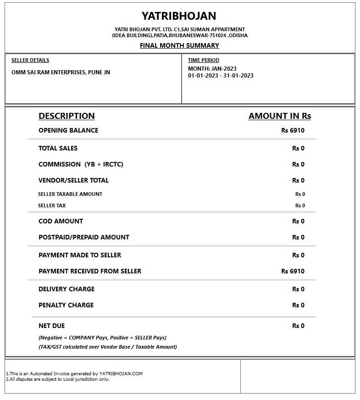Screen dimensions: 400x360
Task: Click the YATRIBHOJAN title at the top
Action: point(179,16)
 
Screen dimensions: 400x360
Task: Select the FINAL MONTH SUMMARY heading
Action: point(179,45)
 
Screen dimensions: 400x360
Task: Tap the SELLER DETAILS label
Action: point(30,60)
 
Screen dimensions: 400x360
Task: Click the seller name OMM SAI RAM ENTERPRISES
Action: point(61,72)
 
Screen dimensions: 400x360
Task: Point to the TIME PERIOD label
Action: point(204,60)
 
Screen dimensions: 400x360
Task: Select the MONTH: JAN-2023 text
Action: point(212,69)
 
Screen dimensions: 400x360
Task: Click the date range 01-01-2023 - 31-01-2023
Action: point(221,76)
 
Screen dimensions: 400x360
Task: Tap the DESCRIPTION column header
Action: point(66,116)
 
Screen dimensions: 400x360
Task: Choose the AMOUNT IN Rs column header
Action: point(280,116)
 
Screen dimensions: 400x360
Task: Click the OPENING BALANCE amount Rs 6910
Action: point(293,130)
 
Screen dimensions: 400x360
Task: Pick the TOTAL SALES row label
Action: point(58,148)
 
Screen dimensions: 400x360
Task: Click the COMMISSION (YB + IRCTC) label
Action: point(81,164)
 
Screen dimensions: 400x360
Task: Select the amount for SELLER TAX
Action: point(300,206)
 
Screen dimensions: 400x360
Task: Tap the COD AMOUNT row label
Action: point(61,221)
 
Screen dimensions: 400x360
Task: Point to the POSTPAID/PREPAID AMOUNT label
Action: point(84,237)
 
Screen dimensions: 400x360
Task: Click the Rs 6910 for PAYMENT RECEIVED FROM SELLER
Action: point(293,271)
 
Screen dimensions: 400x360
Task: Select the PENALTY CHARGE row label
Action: point(66,305)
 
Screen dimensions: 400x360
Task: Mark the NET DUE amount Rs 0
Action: point(298,326)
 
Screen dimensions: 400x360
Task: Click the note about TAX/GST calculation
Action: point(108,347)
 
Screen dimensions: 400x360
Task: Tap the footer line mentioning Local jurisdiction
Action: point(58,379)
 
